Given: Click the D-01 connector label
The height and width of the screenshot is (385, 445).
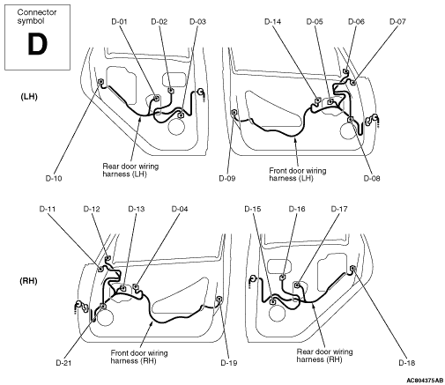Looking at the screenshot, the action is [x=119, y=21].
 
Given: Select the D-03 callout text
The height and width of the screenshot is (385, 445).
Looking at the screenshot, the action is [x=197, y=21].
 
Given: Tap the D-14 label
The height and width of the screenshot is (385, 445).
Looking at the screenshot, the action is [x=272, y=21].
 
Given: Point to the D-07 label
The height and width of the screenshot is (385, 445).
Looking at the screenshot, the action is [x=397, y=21].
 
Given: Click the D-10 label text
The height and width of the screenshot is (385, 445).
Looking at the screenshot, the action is [x=54, y=178].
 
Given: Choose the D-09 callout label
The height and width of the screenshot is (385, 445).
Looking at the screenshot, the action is [x=227, y=178].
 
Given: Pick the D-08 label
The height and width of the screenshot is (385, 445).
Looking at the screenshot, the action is [x=372, y=178].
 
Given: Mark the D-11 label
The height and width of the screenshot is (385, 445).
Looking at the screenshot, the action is [x=48, y=209].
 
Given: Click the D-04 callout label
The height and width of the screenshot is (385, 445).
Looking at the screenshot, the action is [x=180, y=209].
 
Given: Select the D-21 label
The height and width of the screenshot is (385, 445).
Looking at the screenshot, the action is [x=63, y=363].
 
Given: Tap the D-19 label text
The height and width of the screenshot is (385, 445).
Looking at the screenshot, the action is [x=229, y=363].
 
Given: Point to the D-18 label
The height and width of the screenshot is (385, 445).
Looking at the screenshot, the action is [x=407, y=363].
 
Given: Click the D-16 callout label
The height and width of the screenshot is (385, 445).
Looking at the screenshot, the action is [x=297, y=209].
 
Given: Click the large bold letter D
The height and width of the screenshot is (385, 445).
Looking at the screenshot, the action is [x=37, y=44].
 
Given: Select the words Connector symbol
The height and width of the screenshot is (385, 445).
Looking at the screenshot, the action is [x=37, y=17].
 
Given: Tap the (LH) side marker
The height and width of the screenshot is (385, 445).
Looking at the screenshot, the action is [x=29, y=97].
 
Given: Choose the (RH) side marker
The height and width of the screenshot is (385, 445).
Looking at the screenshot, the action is [x=28, y=281].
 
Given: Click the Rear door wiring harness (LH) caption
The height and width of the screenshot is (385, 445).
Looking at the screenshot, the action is [x=130, y=170].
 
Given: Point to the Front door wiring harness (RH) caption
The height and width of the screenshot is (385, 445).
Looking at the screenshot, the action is [x=139, y=357].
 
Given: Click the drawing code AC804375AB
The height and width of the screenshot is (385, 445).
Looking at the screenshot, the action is [x=425, y=381].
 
